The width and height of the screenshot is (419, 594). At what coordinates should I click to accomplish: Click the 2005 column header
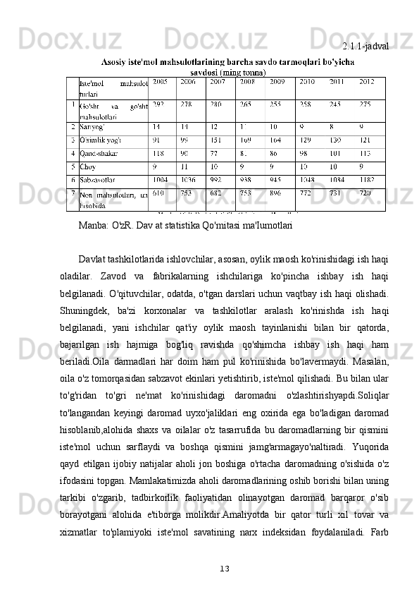pyautogui.click(x=160, y=82)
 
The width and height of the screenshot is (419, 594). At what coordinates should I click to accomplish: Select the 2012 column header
pyautogui.click(x=366, y=82)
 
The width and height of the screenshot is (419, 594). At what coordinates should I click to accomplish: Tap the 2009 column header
pyautogui.click(x=277, y=82)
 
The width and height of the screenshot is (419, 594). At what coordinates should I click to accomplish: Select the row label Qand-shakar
pyautogui.click(x=98, y=152)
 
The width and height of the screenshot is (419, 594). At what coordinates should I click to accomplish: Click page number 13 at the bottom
pyautogui.click(x=225, y=568)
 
